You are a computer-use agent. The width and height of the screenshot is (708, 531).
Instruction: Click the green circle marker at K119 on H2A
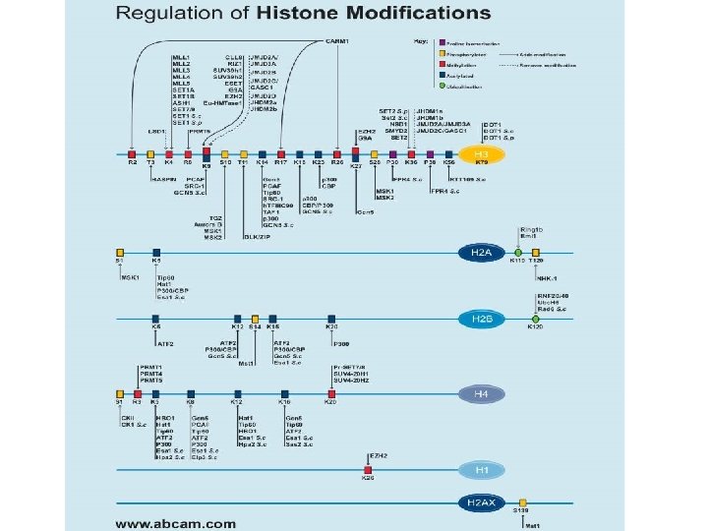click(x=517, y=253)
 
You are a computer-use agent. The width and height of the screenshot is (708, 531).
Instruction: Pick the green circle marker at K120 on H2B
click(x=535, y=319)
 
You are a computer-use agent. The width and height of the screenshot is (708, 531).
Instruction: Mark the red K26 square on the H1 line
click(x=368, y=470)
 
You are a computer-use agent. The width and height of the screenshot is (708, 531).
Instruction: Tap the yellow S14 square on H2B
click(x=255, y=319)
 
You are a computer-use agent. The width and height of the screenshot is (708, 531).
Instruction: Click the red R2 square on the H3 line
click(x=133, y=154)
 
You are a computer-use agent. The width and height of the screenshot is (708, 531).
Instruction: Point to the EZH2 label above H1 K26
click(x=378, y=456)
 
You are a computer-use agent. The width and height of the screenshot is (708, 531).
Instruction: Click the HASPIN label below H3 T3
click(x=162, y=180)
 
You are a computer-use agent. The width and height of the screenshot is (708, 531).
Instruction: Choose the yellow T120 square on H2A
click(x=535, y=253)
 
